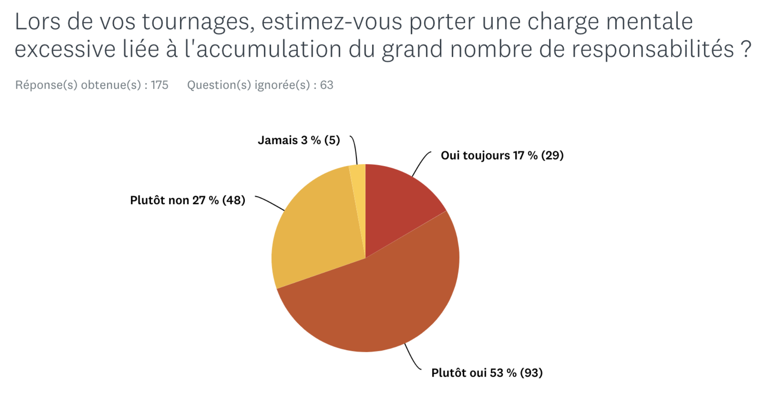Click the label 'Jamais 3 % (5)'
tap(299, 140)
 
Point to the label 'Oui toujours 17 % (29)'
tap(502, 155)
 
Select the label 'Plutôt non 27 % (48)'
tap(188, 200)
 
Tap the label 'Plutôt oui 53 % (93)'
tap(487, 373)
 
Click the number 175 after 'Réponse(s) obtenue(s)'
tap(160, 85)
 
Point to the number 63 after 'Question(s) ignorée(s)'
tap(327, 85)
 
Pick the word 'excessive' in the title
tap(65, 50)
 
